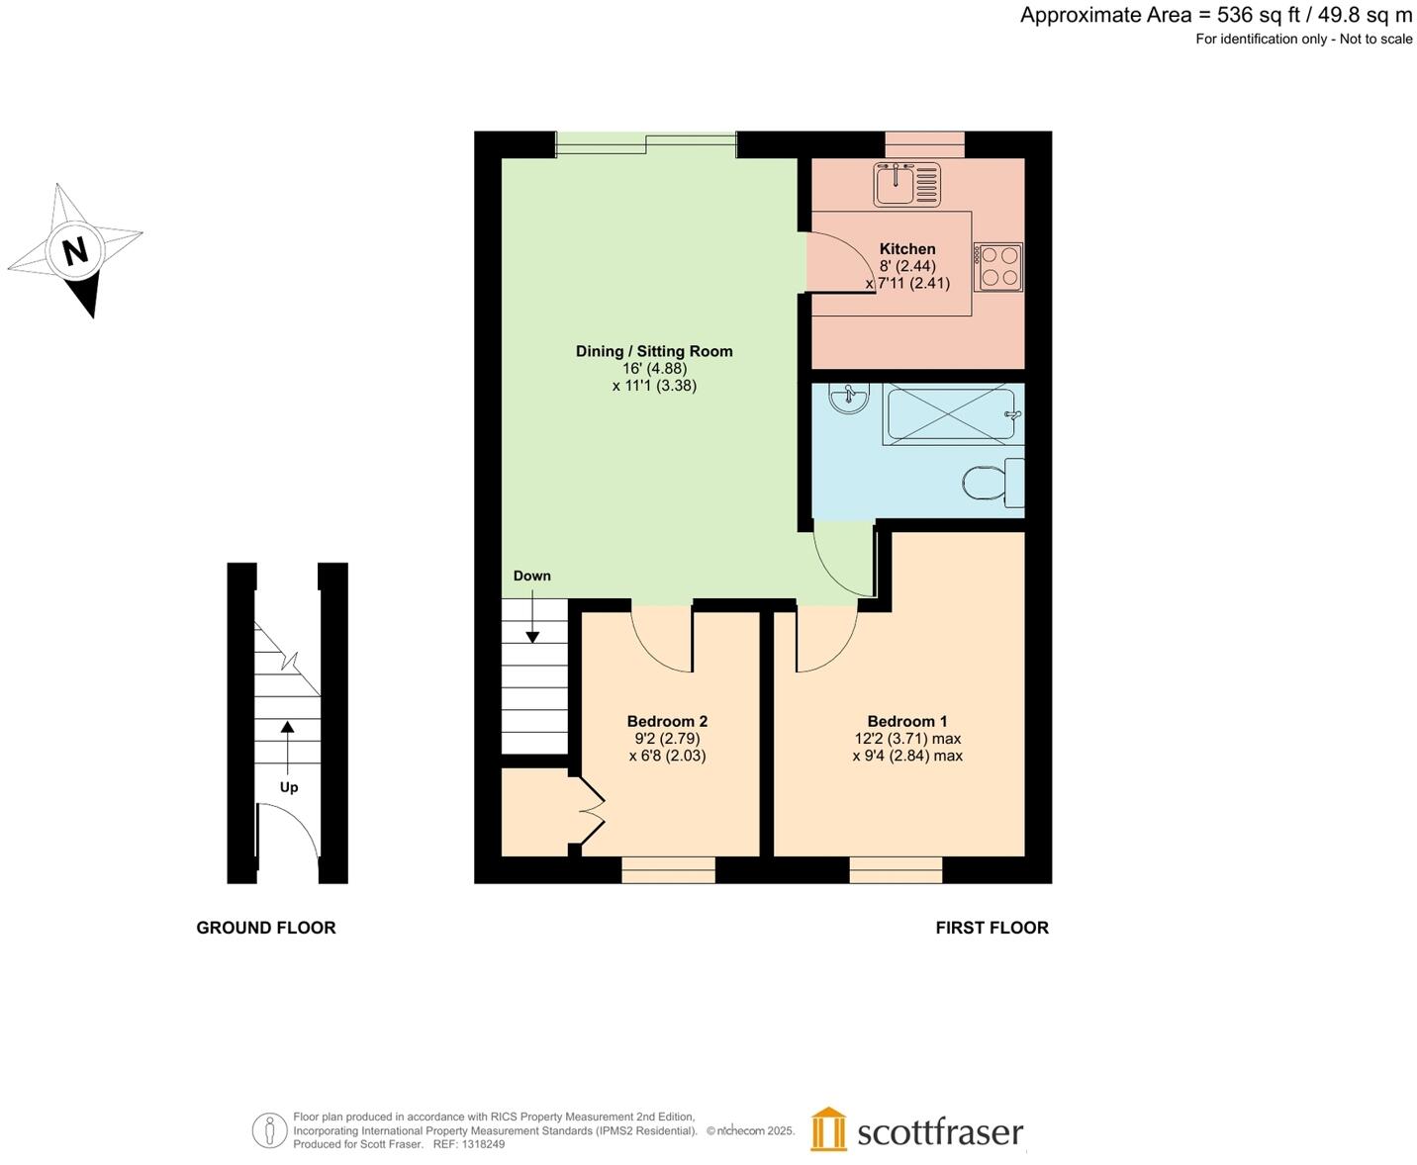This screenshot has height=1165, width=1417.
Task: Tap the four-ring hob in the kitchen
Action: pos(997,267)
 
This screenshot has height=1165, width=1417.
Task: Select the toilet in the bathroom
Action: pos(992,483)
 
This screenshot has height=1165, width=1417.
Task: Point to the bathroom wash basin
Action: pos(849,399)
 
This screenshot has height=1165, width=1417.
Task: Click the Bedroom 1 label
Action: pos(906,721)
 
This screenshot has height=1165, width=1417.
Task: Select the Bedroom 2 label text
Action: pos(667,721)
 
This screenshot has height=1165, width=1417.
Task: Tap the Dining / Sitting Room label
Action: pos(654,351)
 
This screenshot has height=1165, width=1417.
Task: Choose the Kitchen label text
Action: pos(906,249)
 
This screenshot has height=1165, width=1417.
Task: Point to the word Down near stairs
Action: pos(531,576)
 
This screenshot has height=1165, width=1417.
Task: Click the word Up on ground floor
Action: pos(288,787)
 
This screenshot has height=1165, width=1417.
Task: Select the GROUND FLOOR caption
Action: pos(266,928)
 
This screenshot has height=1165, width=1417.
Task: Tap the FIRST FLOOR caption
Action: pos(992,928)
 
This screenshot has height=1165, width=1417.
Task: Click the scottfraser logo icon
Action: pos(828,1129)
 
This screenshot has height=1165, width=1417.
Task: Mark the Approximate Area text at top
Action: pos(1215,15)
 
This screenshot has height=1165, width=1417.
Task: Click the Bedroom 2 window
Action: pos(668,869)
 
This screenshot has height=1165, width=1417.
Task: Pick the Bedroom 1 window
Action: pos(896,869)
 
